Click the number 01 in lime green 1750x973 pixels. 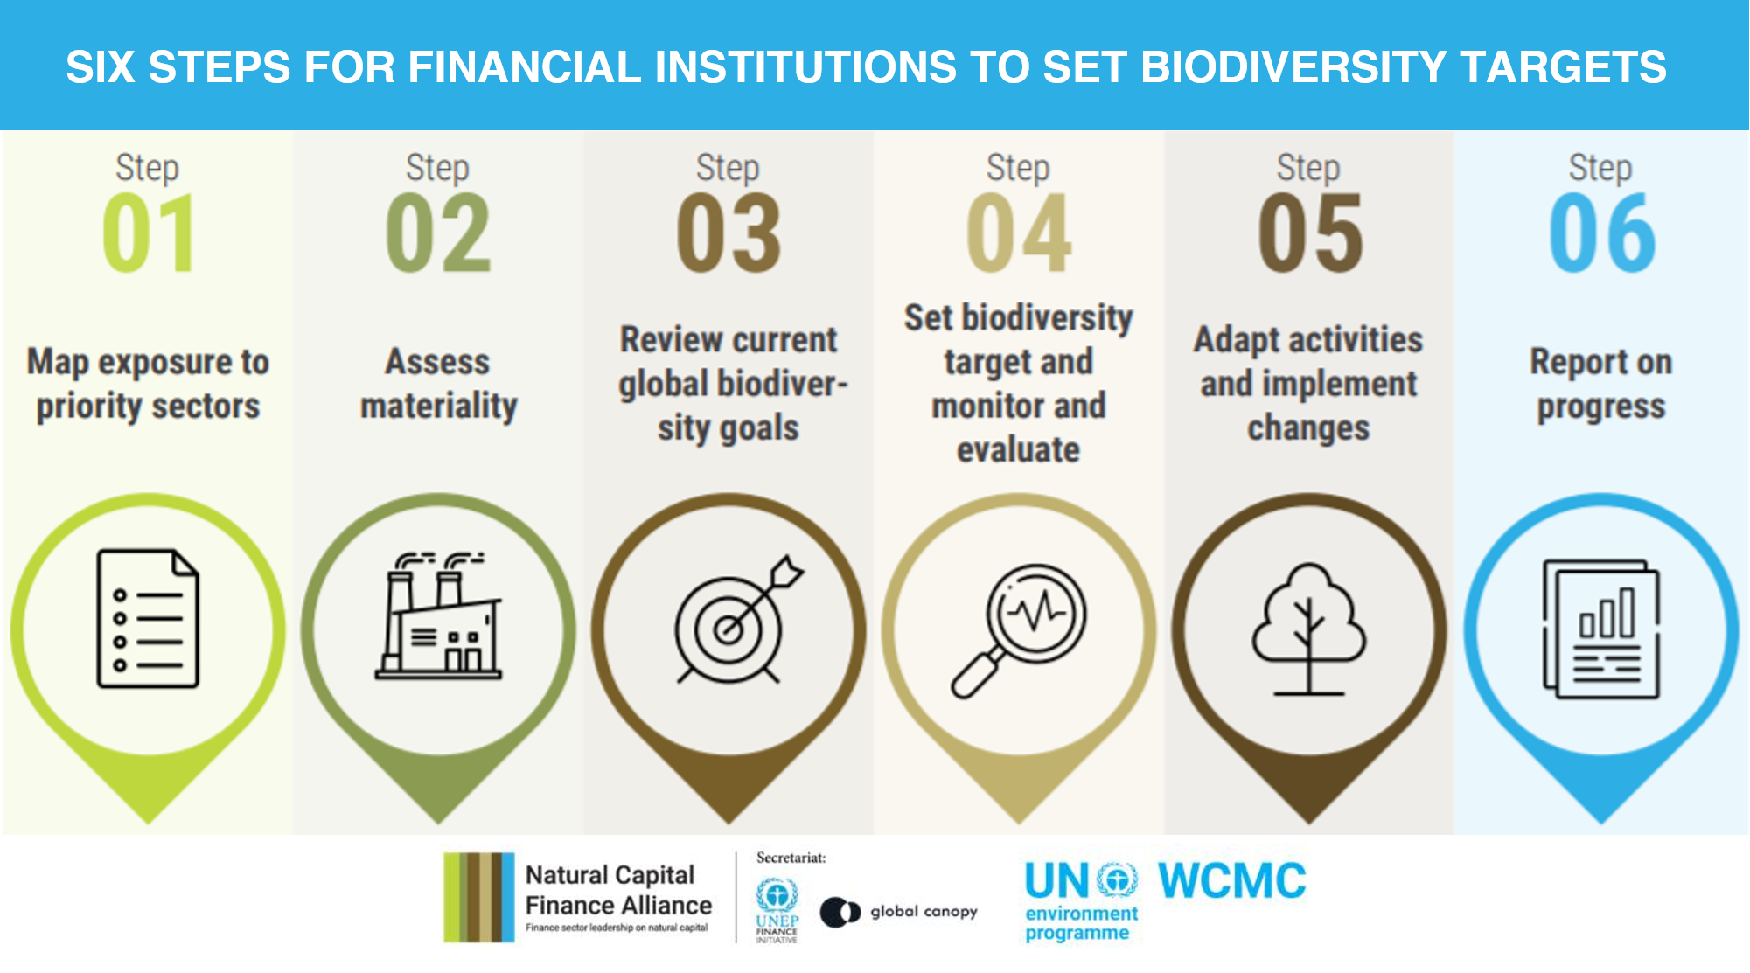coord(148,233)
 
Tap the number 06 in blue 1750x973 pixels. coord(1601,233)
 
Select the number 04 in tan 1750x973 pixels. coord(1019,233)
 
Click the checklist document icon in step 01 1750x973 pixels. coord(148,618)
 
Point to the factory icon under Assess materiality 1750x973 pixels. coord(439,618)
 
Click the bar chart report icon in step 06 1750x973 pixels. coord(1600,628)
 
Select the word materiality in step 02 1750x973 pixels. coord(439,407)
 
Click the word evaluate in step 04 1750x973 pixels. coord(1018,449)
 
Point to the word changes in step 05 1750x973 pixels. coord(1308,428)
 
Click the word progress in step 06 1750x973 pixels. coord(1600,407)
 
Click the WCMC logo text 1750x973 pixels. coord(1231,881)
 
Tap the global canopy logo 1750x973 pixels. coord(899,912)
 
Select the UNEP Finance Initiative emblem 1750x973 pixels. coord(777,909)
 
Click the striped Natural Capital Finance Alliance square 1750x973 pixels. coord(478,897)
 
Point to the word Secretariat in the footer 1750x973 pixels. coord(791,858)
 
